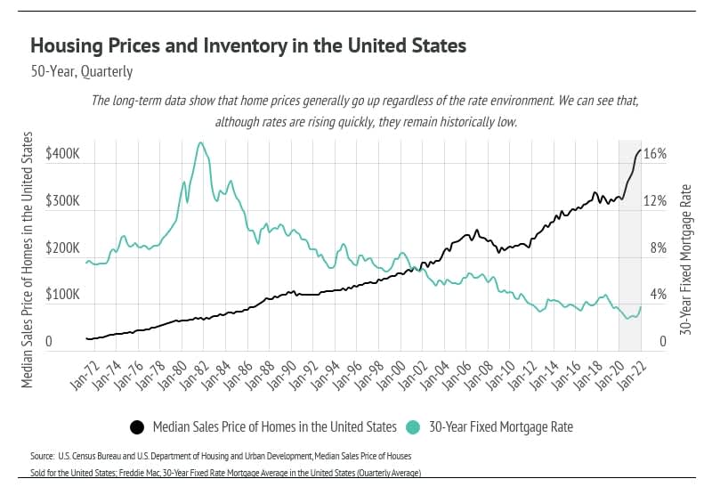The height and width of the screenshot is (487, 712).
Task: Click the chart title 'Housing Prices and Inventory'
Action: pyautogui.click(x=248, y=45)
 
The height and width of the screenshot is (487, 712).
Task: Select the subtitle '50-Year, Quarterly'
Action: pyautogui.click(x=81, y=71)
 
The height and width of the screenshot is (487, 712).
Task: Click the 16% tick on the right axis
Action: pyautogui.click(x=655, y=154)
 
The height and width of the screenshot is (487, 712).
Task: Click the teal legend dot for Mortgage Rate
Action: pyautogui.click(x=413, y=427)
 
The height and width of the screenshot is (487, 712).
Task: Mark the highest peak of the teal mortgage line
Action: pyautogui.click(x=200, y=142)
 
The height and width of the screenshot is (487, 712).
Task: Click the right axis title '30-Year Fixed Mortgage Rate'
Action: pyautogui.click(x=685, y=258)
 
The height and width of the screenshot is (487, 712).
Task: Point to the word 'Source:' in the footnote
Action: pyautogui.click(x=43, y=456)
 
